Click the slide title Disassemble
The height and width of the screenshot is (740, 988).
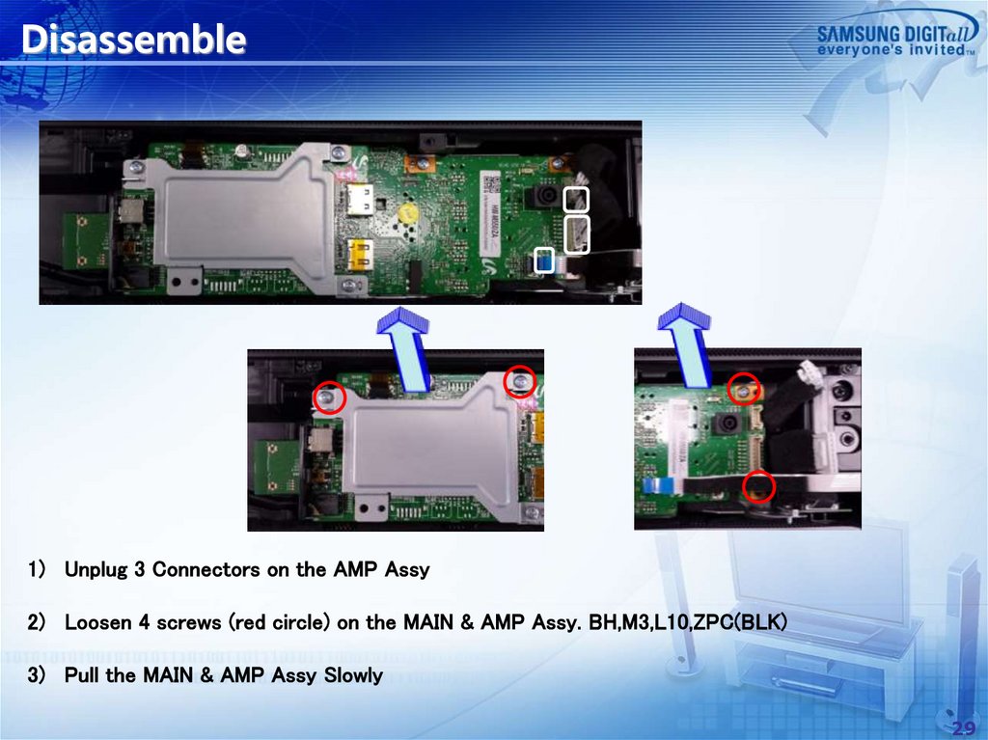[x=133, y=41]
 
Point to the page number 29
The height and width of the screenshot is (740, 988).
[x=962, y=726]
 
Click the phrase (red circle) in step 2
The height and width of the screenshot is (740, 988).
[x=280, y=623]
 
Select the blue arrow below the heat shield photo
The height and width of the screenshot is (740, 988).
[x=404, y=349]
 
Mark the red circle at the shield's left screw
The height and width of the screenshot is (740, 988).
[x=329, y=397]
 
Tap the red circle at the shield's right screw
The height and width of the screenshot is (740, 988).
[x=521, y=382]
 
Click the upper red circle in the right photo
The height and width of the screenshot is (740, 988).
[x=744, y=390]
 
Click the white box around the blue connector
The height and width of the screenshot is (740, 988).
[x=545, y=260]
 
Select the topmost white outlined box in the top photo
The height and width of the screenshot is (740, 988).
[x=576, y=200]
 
